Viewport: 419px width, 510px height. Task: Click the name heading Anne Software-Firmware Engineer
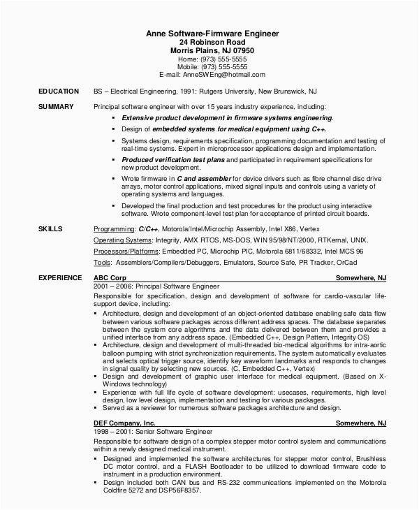pos(212,33)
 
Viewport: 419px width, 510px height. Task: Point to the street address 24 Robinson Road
pos(212,42)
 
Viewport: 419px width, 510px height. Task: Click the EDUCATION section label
pos(58,92)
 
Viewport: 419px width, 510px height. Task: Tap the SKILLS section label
pos(50,228)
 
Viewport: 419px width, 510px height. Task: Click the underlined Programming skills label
pos(114,229)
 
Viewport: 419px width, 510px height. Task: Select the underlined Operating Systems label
pos(123,240)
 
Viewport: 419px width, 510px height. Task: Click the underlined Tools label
pos(102,262)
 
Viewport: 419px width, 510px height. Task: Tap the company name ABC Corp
pos(110,258)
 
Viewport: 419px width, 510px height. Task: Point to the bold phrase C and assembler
pos(203,179)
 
